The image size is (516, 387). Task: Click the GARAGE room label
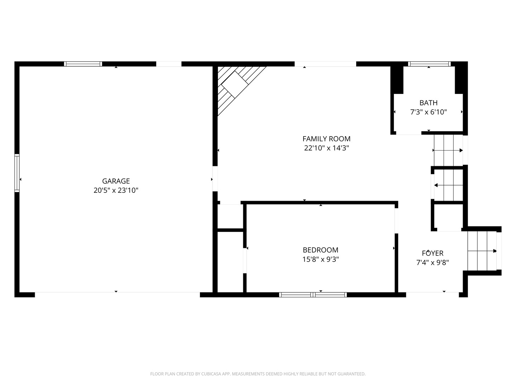116,181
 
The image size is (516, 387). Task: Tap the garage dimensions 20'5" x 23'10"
116,190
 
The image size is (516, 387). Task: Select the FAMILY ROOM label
326,139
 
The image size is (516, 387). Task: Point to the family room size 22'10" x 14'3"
326,148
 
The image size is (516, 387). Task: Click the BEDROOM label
320,250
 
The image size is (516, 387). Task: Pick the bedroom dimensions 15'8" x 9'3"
320,259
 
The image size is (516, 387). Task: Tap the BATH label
429,103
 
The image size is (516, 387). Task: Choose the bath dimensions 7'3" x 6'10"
429,112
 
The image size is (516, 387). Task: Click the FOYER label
433,253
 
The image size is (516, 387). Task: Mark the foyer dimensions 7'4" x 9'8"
433,262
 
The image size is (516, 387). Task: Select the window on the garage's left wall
17,173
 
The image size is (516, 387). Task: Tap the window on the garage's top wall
83,64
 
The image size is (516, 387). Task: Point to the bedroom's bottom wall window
313,295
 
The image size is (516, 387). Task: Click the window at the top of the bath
429,64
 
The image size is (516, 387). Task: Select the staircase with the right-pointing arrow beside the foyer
482,251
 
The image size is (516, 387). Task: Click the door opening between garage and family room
215,178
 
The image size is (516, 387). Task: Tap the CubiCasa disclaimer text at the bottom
258,374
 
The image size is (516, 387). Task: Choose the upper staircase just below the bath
448,150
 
